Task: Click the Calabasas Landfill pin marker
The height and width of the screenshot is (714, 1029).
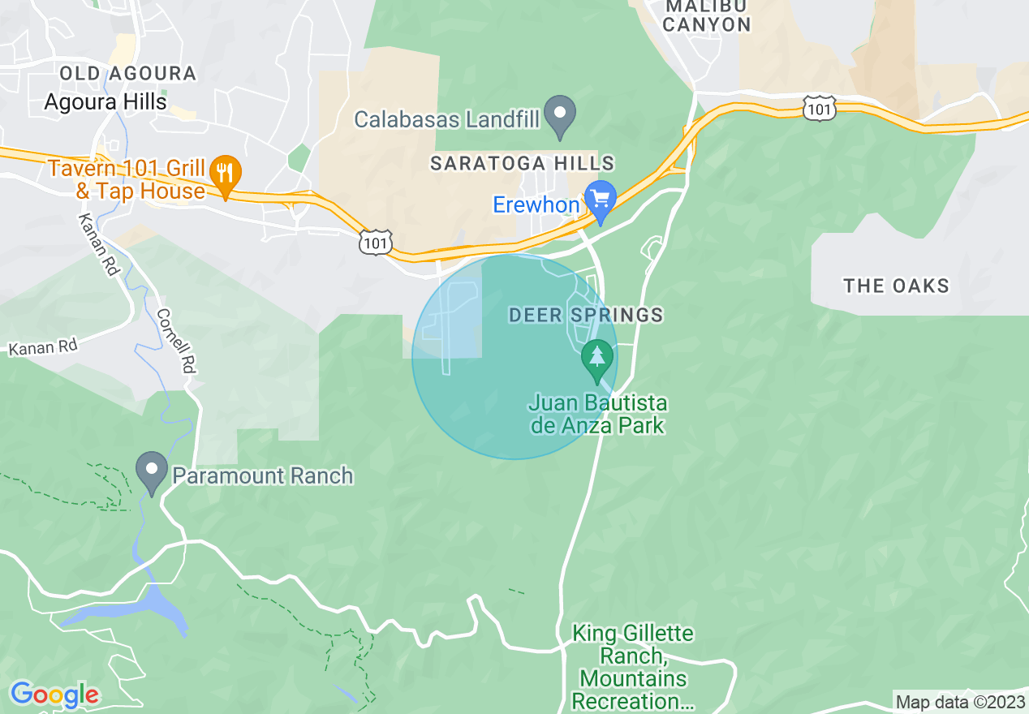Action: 559,116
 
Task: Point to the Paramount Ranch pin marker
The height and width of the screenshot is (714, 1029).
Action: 151,472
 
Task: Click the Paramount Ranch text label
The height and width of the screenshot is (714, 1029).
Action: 263,475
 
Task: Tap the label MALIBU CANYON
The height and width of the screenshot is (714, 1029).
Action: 707,15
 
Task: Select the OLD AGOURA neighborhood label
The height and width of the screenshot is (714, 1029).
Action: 128,74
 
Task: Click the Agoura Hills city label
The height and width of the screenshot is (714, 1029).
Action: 105,101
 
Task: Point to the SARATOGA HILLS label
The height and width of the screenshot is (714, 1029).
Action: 523,163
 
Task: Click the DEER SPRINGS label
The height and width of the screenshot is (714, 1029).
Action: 586,315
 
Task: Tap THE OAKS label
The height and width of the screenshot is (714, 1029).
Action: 896,286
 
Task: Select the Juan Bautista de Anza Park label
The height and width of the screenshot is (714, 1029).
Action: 598,414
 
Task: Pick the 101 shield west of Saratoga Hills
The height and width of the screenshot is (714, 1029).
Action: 377,242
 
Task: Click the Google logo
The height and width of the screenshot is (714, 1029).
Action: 54,695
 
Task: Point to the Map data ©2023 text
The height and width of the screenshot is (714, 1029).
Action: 958,702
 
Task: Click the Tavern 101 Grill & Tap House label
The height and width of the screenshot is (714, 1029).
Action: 127,179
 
